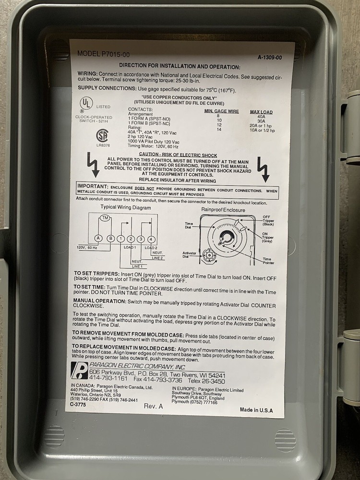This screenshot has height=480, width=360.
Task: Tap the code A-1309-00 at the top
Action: pos(269,57)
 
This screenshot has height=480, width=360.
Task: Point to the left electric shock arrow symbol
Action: pos(92,163)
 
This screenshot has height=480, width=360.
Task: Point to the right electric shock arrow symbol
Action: pos(264,167)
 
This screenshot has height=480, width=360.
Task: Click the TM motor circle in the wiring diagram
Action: pos(105,218)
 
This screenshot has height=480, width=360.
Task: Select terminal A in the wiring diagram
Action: pos(98,239)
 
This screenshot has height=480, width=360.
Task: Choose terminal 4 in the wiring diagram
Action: pos(152,239)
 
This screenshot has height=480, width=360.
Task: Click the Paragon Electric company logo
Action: pos(79,370)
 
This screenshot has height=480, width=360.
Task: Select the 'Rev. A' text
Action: pos(153,406)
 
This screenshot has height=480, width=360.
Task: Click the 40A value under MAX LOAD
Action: pos(261,117)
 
